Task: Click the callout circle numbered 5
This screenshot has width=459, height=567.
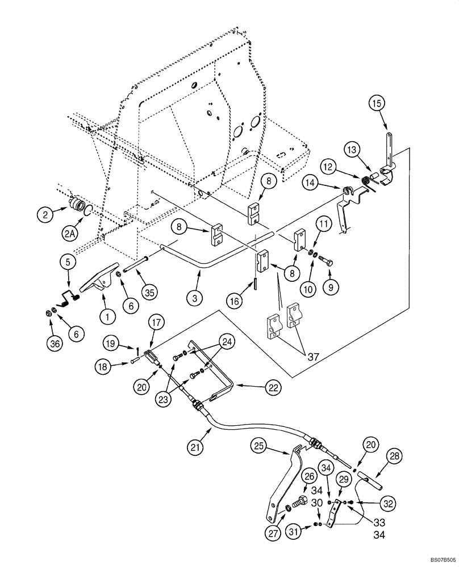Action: (68, 262)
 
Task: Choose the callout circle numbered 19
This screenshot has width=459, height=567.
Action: (111, 342)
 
